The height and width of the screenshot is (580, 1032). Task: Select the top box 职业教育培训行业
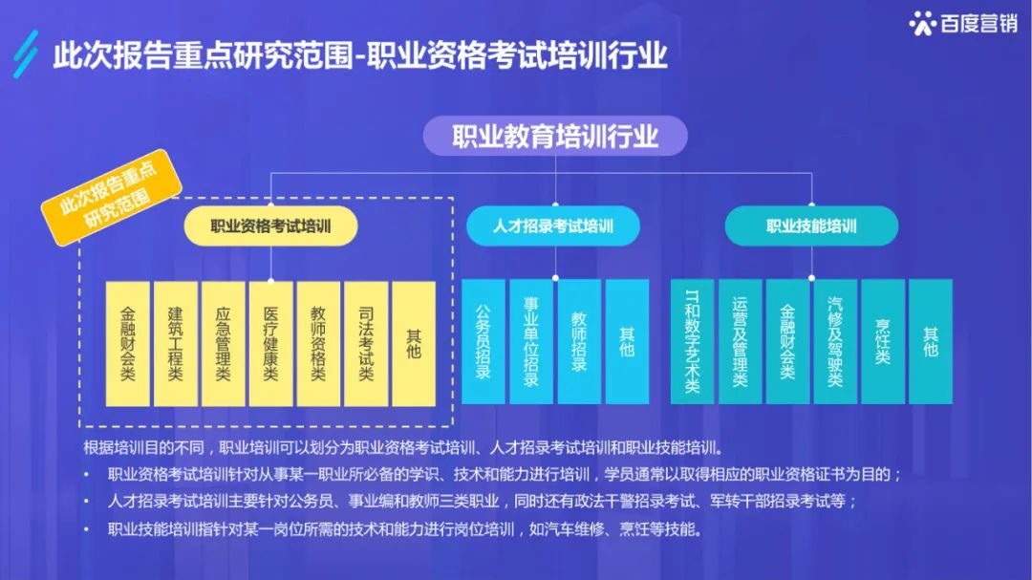point(555,136)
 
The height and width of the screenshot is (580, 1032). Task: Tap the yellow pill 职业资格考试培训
point(270,226)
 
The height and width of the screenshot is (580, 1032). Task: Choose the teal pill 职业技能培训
point(811,226)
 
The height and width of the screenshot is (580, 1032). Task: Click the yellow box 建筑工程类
point(176,342)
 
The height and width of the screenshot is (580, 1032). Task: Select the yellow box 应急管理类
point(224,342)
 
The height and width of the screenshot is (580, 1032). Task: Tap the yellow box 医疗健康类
point(270,342)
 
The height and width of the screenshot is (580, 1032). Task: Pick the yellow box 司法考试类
point(366,342)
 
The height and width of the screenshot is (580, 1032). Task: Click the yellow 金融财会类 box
point(128,342)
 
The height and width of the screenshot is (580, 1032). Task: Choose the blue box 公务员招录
point(484,342)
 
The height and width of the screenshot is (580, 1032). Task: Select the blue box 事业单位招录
point(531,342)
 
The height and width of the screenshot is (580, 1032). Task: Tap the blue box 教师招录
point(579,342)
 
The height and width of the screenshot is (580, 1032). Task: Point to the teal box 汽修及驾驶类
point(835,342)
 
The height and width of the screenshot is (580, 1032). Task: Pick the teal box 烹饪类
point(883,342)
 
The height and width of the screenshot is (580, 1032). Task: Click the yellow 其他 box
point(414,342)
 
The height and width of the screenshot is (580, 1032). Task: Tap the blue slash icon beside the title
point(30,53)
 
